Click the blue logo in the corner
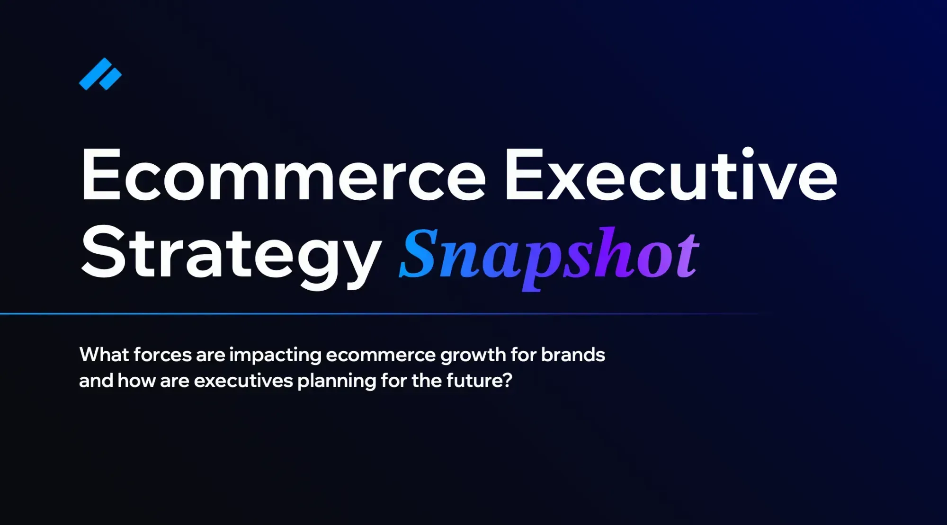click(x=100, y=74)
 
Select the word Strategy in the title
click(x=231, y=253)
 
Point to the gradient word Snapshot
click(x=549, y=256)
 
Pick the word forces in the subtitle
click(x=162, y=355)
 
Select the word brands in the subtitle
click(x=573, y=355)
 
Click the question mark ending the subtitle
click(x=508, y=380)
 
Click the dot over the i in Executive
click(x=748, y=152)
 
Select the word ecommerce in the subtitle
click(x=381, y=355)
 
